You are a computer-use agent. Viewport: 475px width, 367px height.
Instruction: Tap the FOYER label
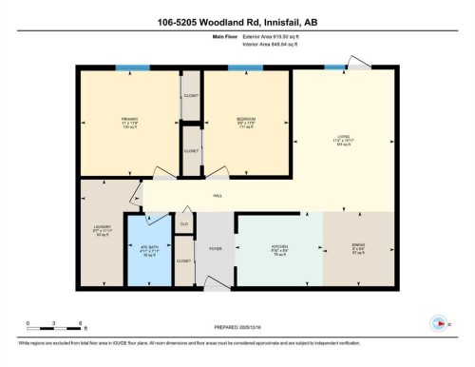[216, 249]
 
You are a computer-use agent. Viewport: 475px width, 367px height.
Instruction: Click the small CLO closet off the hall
[184, 224]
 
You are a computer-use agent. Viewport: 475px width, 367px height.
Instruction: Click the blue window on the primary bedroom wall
[125, 68]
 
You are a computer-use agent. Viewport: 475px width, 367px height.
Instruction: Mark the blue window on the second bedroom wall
[245, 68]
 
